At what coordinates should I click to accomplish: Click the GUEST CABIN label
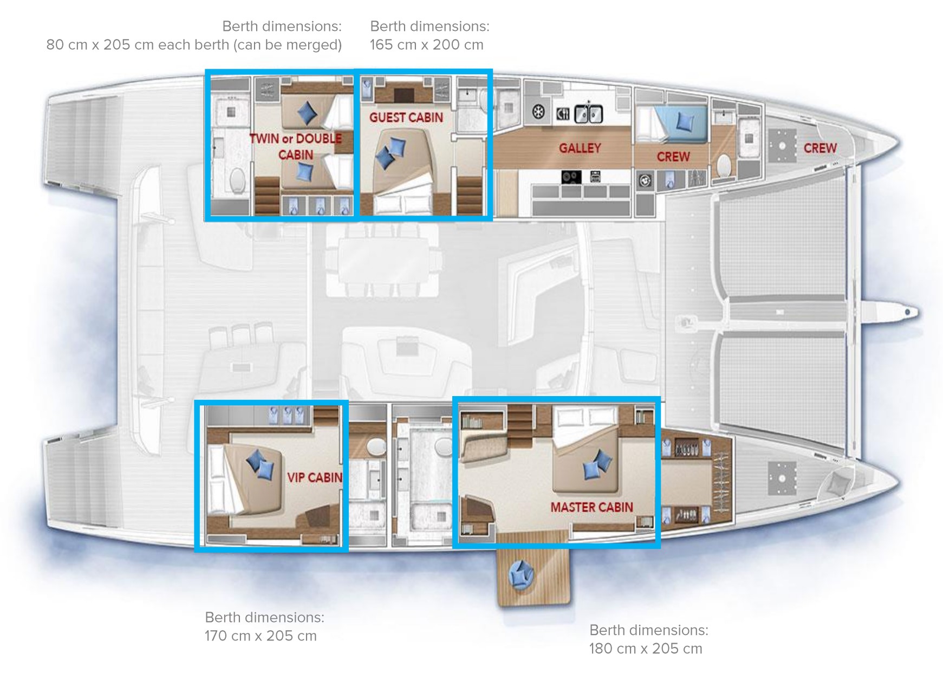click(406, 118)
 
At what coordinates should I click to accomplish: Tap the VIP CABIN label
click(314, 477)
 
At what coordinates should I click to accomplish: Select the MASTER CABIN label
click(591, 507)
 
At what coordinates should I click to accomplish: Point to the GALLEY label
click(580, 148)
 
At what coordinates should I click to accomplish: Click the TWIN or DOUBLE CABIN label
click(296, 146)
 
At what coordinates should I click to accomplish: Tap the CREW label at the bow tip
click(820, 148)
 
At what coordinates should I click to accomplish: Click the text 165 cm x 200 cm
click(426, 45)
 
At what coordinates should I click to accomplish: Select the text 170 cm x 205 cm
click(261, 636)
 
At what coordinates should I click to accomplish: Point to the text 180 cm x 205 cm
click(646, 649)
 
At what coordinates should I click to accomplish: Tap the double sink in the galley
click(588, 114)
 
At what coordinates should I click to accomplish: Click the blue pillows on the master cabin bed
click(596, 464)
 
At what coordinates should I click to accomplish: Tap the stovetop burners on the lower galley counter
click(571, 177)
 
